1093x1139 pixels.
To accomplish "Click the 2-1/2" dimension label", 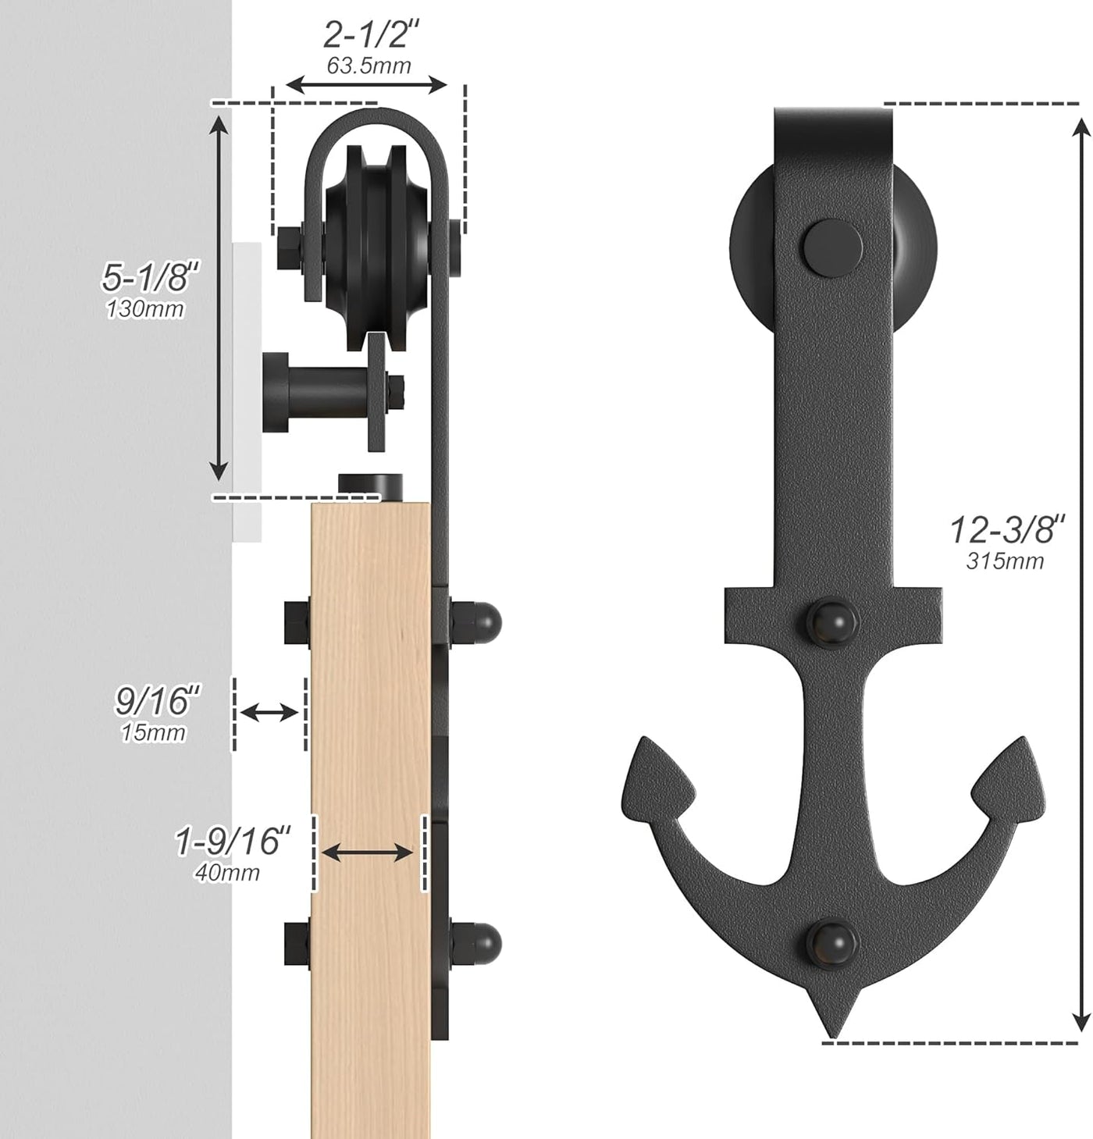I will [372, 35].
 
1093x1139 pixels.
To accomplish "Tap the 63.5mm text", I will [368, 66].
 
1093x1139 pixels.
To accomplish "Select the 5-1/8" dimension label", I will [151, 276].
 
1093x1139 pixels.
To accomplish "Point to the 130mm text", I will [145, 309].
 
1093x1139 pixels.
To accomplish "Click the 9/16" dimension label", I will [158, 701].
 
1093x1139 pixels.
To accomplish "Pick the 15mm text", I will [154, 732].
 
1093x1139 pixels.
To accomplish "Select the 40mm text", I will [227, 872].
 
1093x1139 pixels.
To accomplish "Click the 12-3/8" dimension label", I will [1007, 529].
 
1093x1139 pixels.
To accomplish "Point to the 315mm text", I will [1005, 561].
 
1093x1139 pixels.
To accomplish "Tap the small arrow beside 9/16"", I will [269, 712].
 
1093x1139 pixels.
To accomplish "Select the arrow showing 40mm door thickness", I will [367, 852].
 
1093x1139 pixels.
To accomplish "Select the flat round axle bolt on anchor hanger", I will [831, 246].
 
